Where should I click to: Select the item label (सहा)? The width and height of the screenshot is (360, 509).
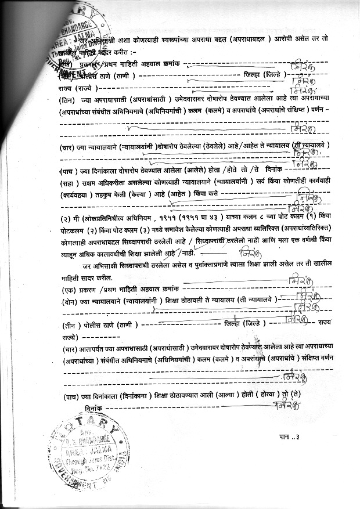[67, 182]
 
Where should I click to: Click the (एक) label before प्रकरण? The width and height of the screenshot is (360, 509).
[68, 288]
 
